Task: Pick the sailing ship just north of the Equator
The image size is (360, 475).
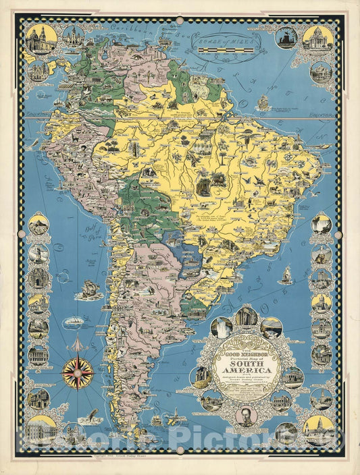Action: tap(262, 103)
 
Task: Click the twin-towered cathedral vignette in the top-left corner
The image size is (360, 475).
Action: tap(41, 40)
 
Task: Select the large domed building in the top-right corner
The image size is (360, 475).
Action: tap(318, 40)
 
